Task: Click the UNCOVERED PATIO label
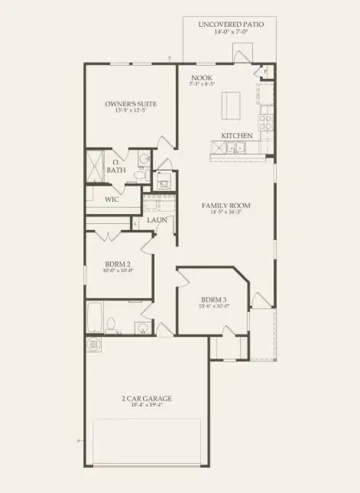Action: (x=231, y=25)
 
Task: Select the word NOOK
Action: (x=202, y=78)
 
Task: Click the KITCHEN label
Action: (x=237, y=135)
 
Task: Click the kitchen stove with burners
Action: (x=265, y=121)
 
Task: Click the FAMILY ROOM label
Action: (x=226, y=206)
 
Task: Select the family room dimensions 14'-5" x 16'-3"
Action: (x=226, y=215)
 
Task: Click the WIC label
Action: (x=112, y=199)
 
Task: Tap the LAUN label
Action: (x=157, y=220)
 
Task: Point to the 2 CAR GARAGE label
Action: (x=146, y=398)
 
